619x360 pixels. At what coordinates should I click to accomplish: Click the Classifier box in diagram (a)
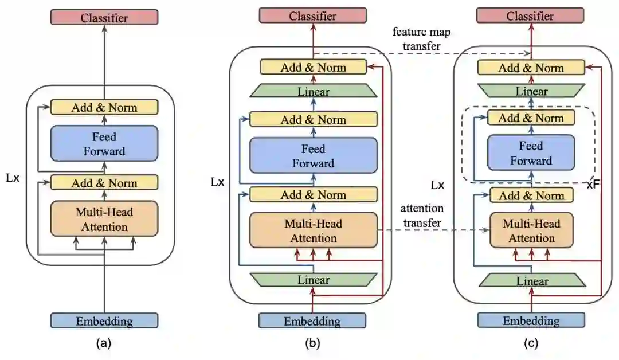coord(104,17)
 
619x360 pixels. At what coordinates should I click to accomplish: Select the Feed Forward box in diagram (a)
coord(104,144)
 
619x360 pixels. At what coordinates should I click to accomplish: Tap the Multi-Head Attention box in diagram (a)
coord(104,219)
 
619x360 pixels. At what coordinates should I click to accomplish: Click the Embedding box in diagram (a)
coord(104,321)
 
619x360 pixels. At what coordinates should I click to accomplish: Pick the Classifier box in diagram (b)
coord(312,15)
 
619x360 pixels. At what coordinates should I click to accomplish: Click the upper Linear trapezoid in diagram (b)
coord(313,91)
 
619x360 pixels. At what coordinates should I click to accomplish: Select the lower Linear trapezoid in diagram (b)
coord(313,280)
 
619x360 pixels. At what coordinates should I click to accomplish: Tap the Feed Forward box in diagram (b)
coord(313,156)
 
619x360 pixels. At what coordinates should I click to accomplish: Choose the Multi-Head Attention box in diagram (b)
coord(313,230)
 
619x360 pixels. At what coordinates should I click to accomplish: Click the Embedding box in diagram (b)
coord(312,321)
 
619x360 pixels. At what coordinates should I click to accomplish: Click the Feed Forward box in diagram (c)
coord(531,152)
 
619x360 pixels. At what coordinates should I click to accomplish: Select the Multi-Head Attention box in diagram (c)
coord(531,231)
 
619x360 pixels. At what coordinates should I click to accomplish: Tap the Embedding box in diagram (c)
coord(531,320)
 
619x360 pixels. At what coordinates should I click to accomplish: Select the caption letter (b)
coord(312,344)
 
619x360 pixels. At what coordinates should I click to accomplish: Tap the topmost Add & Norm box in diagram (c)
coord(531,68)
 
